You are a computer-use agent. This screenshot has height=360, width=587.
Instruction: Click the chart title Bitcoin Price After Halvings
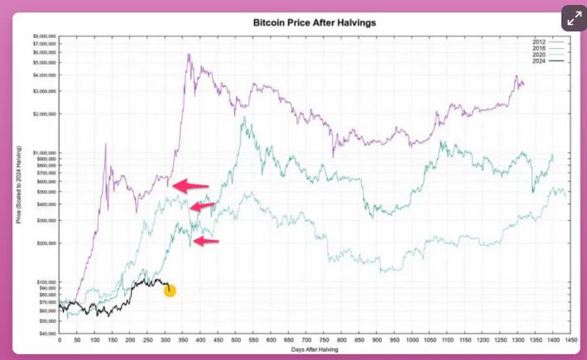[315, 23]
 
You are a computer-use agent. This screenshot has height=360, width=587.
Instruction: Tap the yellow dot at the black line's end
[170, 290]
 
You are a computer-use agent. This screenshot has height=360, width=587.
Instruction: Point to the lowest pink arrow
[206, 241]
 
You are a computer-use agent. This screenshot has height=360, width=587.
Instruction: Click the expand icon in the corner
[573, 18]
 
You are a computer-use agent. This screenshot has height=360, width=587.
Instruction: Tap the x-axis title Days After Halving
[315, 350]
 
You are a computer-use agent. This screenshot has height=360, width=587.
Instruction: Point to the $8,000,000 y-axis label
[42, 37]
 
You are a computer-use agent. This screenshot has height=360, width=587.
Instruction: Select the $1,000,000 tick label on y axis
[42, 153]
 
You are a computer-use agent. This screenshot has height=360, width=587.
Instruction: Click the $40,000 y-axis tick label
[45, 334]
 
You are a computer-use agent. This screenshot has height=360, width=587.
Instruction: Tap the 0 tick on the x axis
[60, 341]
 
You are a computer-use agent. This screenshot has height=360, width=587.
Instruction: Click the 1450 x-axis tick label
[569, 341]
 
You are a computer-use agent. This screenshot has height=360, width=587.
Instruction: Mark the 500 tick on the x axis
[235, 341]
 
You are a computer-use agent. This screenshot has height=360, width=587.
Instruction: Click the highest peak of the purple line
[189, 55]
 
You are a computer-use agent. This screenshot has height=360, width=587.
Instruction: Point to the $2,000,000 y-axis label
[42, 114]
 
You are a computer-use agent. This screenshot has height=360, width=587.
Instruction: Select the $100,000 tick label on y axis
[44, 282]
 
